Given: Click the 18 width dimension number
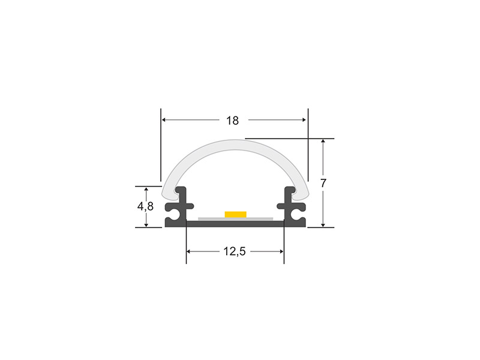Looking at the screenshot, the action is (x=232, y=121).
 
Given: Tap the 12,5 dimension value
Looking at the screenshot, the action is (x=235, y=251).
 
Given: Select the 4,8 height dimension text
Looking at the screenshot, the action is (x=145, y=206).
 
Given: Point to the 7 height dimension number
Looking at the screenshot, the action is (x=323, y=183).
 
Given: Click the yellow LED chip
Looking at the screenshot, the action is (x=235, y=214).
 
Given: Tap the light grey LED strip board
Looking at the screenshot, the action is (x=235, y=218).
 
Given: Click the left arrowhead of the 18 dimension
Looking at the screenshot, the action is (x=164, y=119).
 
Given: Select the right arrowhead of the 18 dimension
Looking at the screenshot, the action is (x=304, y=119).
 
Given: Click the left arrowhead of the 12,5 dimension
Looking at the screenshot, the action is (x=189, y=251).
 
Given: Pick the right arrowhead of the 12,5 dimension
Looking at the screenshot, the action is (x=281, y=251).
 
